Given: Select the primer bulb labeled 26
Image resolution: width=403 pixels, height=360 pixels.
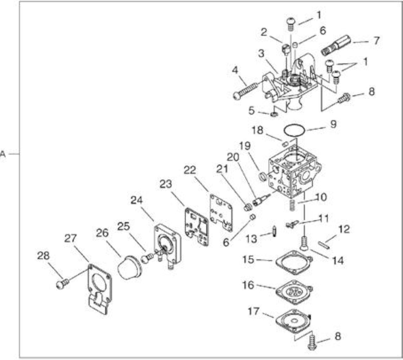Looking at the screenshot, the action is tap(130, 268).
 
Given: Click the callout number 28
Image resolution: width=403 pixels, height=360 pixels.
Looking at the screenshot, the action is tap(43, 256).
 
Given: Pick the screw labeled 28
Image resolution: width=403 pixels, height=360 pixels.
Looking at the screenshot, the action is tap(62, 284).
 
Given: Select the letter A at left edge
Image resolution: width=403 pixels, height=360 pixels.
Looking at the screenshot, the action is tap(3, 154).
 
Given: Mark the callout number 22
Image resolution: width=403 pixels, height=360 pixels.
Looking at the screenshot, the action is tap(190, 170).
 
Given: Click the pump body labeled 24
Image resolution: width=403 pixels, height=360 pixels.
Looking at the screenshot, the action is tap(167, 246).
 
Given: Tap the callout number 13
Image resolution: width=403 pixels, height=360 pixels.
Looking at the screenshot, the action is tap(251, 239).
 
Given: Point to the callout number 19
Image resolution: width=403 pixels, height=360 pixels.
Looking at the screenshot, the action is tap(245, 146).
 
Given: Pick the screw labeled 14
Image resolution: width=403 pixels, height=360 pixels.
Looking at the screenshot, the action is tap(304, 243).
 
